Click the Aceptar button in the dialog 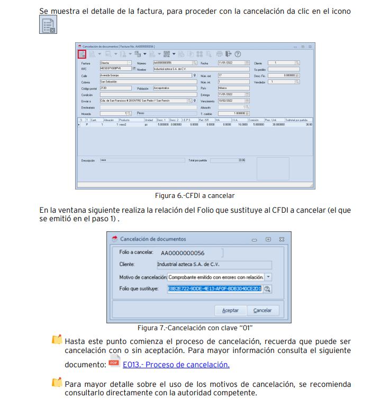point(230,310)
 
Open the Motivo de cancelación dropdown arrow point(268,277)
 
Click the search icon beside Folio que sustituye point(267,288)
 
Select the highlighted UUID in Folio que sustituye point(214,288)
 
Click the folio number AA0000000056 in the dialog point(183,253)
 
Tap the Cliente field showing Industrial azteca point(214,265)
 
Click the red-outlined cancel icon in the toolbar point(82,54)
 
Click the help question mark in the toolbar point(238,54)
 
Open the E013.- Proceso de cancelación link point(176,364)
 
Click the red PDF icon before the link point(113,362)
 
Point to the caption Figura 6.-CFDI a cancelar point(195,196)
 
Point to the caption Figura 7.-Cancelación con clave point(194,328)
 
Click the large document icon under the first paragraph point(48,25)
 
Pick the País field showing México point(233,88)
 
